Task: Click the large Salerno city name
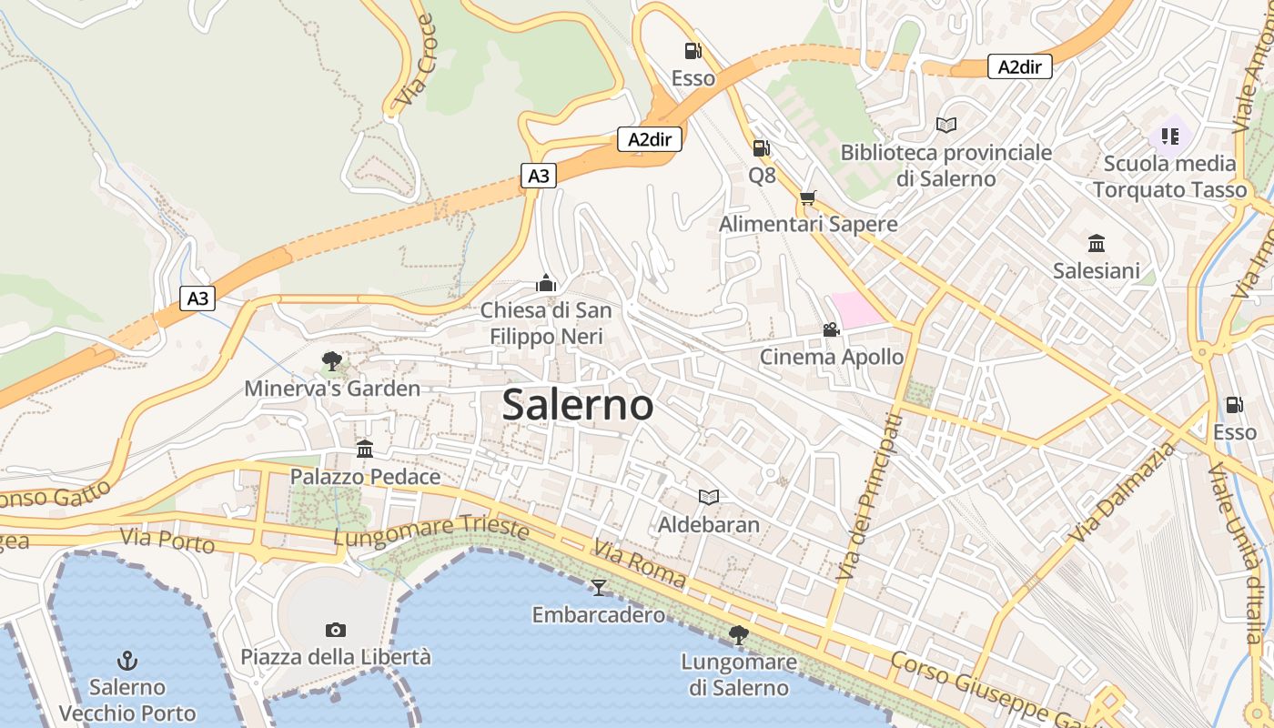(x=578, y=405)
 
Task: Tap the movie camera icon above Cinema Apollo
(x=831, y=329)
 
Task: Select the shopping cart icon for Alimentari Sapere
(x=807, y=197)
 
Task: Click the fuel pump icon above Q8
(x=761, y=147)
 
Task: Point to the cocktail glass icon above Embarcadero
(x=598, y=587)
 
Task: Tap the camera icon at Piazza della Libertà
(x=335, y=630)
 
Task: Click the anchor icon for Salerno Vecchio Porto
(x=127, y=661)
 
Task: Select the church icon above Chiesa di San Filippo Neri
(x=546, y=283)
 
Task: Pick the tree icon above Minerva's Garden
(x=331, y=361)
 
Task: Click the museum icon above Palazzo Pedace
(x=365, y=449)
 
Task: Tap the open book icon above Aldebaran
(x=708, y=497)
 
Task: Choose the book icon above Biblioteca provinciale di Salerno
(x=946, y=125)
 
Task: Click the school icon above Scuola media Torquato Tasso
(x=1169, y=136)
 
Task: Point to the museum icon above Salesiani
(x=1097, y=243)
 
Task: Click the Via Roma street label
(x=640, y=563)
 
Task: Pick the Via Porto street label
(x=167, y=540)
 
